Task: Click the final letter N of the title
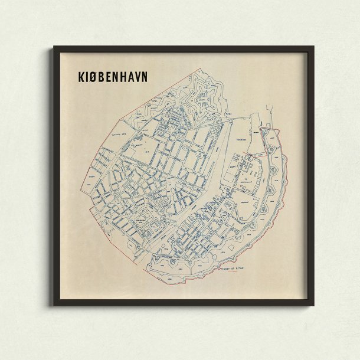(x=143, y=77)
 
